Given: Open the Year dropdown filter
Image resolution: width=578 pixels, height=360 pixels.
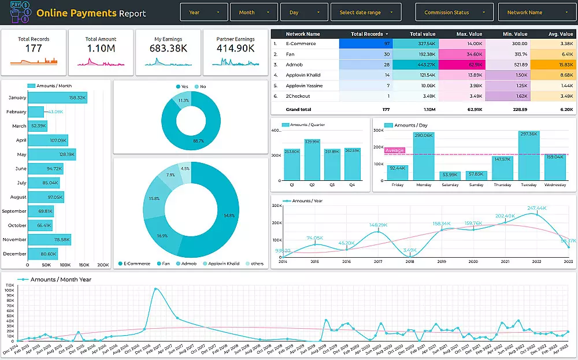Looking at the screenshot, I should (204, 12).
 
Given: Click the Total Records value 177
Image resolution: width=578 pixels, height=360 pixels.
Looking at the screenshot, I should (34, 49).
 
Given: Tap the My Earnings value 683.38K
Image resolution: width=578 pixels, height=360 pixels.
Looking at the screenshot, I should (168, 49).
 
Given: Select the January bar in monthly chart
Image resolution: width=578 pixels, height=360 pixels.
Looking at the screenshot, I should (57, 98).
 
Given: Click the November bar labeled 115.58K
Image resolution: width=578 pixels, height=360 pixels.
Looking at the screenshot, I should (49, 239).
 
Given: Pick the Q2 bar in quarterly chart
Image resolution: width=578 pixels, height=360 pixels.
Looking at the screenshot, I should (312, 159).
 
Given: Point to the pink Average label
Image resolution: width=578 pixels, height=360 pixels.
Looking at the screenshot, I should (395, 150).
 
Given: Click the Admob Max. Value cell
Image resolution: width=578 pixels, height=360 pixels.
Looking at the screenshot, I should (462, 64).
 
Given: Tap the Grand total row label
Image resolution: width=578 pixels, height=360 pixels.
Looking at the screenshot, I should (298, 109).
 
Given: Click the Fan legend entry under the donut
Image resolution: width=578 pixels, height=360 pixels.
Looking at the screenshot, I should (164, 263).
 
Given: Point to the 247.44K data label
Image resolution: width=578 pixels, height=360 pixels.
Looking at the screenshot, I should (536, 208).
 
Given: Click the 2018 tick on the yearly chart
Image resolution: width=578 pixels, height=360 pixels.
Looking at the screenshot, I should (410, 262).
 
